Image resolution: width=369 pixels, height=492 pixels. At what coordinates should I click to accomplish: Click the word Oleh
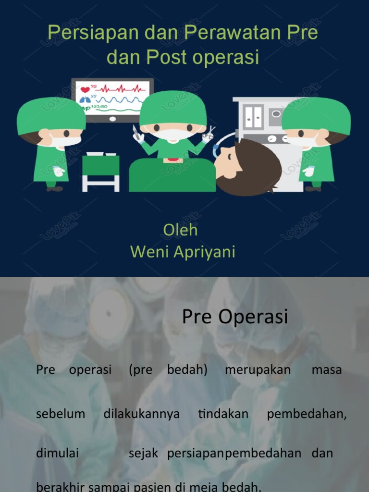180,230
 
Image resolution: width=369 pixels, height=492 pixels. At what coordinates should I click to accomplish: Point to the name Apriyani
204,252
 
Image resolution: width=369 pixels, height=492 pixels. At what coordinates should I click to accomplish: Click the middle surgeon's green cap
173,108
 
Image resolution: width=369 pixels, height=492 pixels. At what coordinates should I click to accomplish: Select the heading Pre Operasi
235,317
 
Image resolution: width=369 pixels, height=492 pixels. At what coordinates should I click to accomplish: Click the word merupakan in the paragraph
258,370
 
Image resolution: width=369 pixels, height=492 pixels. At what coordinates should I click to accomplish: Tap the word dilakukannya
141,414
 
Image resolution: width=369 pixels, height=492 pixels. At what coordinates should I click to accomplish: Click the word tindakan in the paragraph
223,414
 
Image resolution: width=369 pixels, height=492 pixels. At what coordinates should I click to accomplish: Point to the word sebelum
61,414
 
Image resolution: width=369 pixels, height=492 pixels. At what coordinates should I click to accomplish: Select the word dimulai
57,453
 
